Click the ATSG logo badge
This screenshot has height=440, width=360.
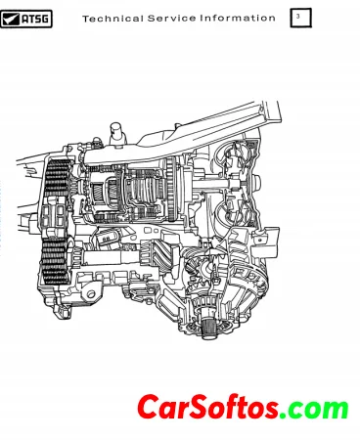[x=26, y=19]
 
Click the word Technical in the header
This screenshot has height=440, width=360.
[x=112, y=19]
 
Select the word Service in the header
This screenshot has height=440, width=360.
[x=171, y=19]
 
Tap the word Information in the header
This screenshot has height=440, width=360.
[x=238, y=19]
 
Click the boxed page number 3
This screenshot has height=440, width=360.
[x=300, y=18]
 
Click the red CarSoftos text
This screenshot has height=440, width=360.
[x=207, y=407]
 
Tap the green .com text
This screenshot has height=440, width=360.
[x=314, y=408]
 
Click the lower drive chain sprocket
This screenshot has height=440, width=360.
[x=56, y=260]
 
